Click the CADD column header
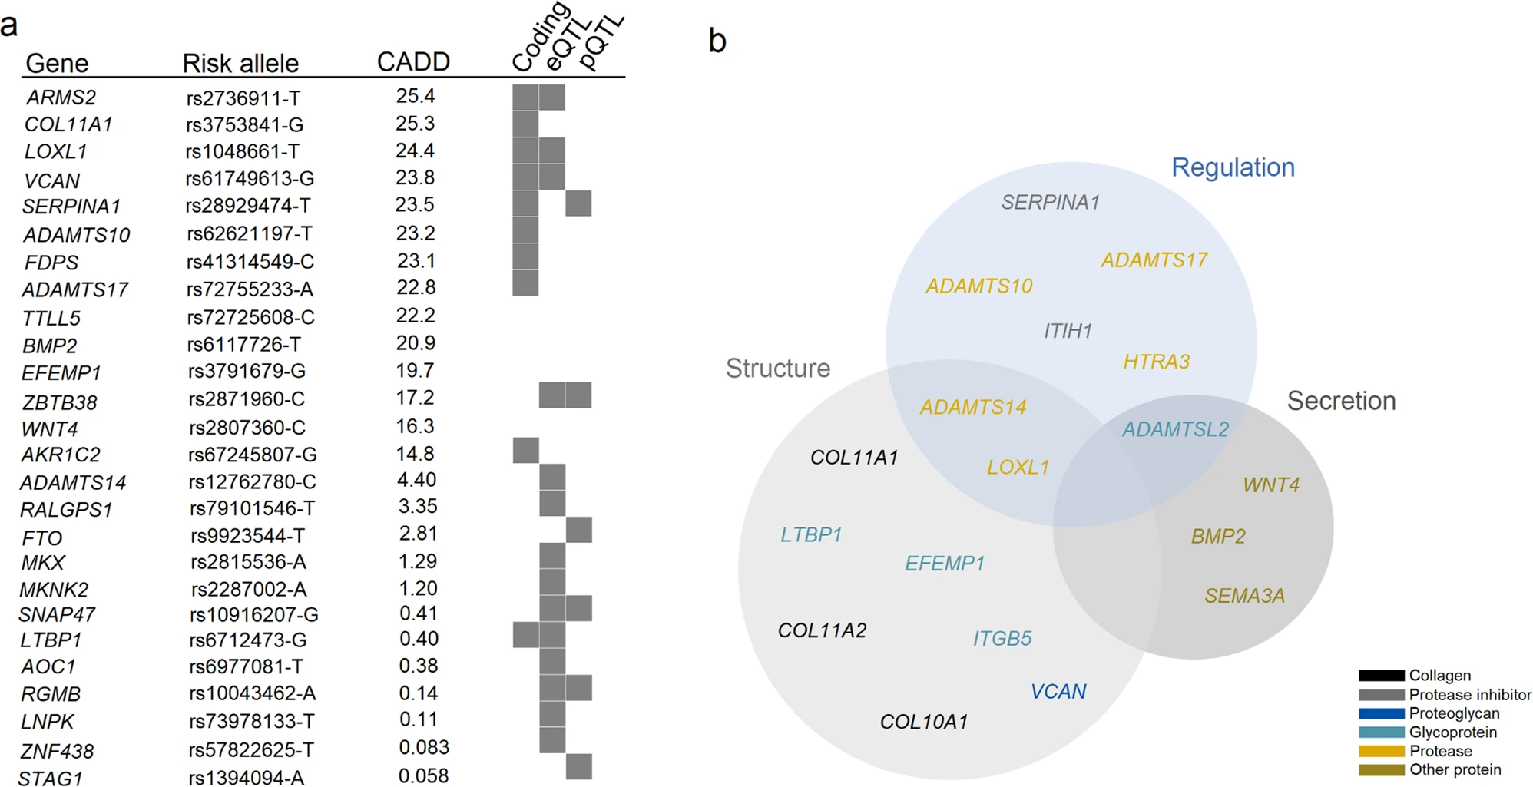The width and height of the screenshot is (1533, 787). click(413, 62)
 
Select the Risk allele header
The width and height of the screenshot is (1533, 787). click(240, 63)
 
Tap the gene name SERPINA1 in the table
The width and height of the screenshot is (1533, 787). click(71, 207)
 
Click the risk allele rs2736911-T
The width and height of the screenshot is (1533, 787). click(243, 98)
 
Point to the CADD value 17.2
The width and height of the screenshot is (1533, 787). click(415, 398)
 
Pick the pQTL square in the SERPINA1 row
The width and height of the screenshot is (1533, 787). click(578, 204)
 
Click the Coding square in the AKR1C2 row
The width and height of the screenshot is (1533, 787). click(525, 451)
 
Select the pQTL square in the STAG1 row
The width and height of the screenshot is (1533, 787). click(578, 767)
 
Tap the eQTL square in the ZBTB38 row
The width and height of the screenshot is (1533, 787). click(551, 395)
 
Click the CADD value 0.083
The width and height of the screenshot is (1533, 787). click(424, 748)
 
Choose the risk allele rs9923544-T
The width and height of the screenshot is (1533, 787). click(247, 535)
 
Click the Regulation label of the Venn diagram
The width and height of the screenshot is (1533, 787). click(1233, 167)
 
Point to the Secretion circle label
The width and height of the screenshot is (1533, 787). click(1341, 401)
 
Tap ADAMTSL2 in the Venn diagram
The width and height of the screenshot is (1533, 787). click(1175, 429)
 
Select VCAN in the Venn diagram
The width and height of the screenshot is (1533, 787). click(1058, 692)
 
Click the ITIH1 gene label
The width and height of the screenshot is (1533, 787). click(1067, 331)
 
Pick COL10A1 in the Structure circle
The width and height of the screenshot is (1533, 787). click(923, 722)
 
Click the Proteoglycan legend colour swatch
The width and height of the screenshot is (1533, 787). click(1381, 714)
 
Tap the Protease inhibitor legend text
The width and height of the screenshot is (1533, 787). click(1469, 695)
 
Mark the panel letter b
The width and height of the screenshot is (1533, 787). click(717, 41)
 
